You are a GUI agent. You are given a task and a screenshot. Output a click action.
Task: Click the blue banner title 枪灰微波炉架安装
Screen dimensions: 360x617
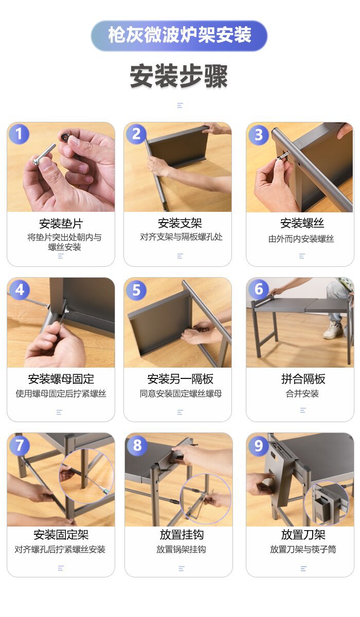click(179, 35)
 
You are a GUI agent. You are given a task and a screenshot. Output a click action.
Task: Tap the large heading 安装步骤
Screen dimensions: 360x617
click(179, 76)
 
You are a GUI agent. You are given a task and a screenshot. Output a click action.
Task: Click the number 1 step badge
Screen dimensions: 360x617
click(19, 134)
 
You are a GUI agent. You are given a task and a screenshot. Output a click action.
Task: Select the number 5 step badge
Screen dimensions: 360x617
click(136, 290)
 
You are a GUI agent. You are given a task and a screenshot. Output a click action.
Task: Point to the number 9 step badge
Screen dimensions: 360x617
click(258, 445)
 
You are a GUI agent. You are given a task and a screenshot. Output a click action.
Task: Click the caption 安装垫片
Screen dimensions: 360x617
click(61, 223)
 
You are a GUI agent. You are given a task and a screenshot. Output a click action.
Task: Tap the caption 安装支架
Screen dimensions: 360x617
click(180, 223)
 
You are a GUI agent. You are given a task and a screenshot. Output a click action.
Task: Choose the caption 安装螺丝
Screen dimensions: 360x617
click(302, 223)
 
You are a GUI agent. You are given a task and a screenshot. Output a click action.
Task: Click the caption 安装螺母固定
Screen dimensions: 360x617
click(61, 379)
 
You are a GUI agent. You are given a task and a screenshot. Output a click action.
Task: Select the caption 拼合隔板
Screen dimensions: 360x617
click(303, 379)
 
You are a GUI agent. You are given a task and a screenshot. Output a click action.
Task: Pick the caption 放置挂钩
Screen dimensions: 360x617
click(182, 535)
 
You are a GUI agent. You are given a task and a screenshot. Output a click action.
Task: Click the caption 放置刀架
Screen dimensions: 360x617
click(303, 535)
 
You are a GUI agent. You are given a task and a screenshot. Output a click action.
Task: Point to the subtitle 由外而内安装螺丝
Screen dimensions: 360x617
click(301, 239)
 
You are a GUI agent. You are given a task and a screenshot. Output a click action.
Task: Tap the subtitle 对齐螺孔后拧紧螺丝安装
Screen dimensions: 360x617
click(60, 550)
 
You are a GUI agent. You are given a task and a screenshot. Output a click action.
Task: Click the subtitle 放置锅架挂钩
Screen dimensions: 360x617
click(181, 550)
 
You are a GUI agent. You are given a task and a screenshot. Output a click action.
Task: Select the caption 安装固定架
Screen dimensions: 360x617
click(61, 535)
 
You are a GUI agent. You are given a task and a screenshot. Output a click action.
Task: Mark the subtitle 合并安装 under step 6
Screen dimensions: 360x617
click(302, 394)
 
